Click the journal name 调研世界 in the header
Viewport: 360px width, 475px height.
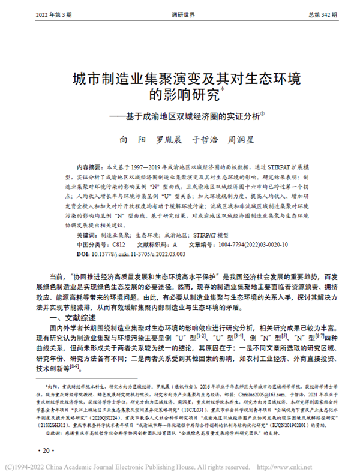[x=180, y=14]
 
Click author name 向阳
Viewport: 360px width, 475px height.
[x=131, y=139]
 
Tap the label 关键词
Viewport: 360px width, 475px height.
[x=86, y=237]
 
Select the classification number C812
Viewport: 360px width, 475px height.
[x=118, y=245]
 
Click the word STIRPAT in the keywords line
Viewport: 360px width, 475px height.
[x=207, y=237]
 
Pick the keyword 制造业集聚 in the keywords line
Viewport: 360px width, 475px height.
[x=115, y=237]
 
